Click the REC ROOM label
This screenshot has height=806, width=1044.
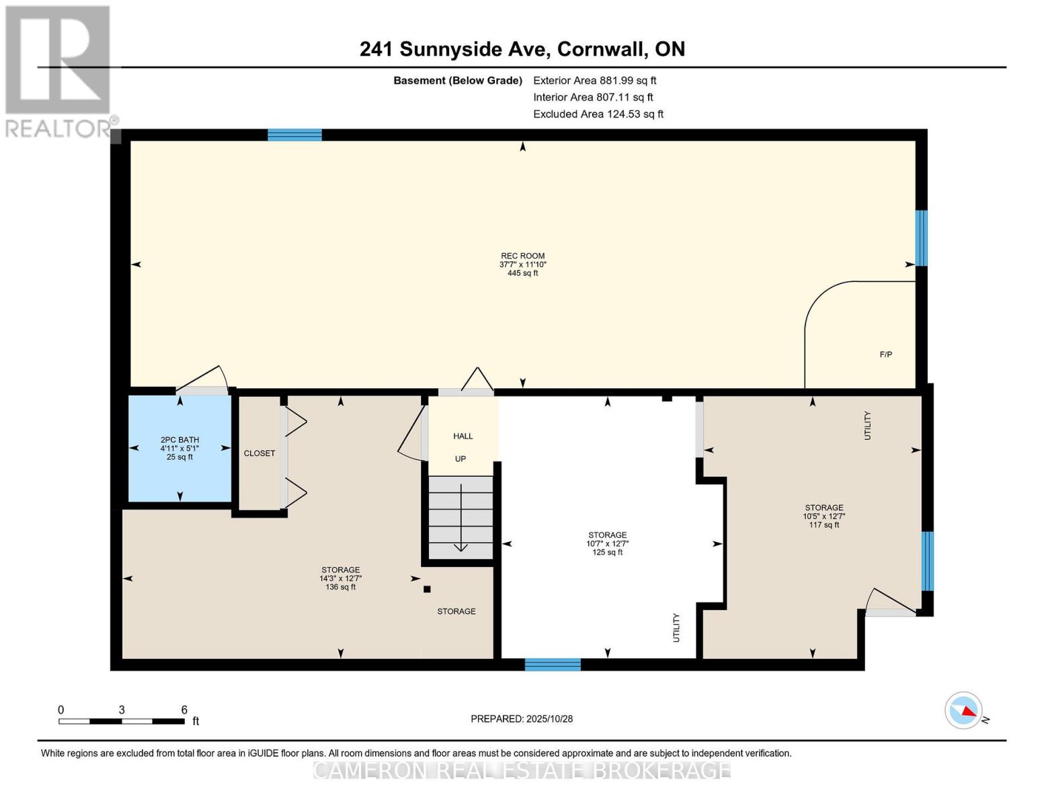click(x=522, y=256)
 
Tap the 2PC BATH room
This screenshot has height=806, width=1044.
click(x=179, y=448)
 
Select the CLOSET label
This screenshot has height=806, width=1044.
click(x=259, y=453)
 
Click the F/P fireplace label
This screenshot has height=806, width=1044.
click(x=886, y=355)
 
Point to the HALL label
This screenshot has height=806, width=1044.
click(x=463, y=436)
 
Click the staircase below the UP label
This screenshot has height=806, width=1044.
click(x=461, y=517)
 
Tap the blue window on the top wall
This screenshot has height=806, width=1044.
click(x=294, y=135)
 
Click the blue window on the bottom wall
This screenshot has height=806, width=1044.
click(x=553, y=664)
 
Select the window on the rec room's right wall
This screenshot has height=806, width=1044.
click(x=922, y=238)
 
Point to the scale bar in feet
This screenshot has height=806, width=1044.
click(x=122, y=721)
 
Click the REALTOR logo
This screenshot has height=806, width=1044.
click(x=58, y=71)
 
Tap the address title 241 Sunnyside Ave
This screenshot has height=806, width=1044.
click(x=522, y=49)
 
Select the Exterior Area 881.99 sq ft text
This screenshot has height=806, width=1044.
click(x=594, y=81)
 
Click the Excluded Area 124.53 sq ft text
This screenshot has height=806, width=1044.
click(x=598, y=114)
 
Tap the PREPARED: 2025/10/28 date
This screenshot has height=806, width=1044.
click(x=522, y=719)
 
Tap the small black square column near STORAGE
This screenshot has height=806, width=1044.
click(x=427, y=590)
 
